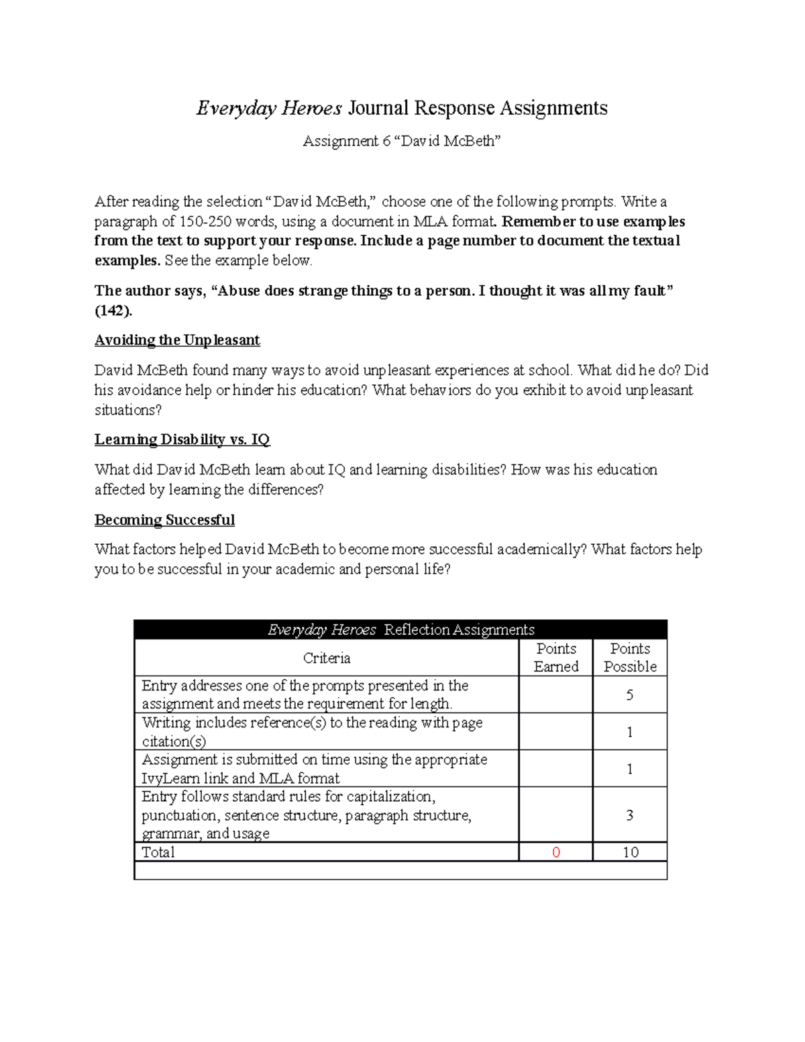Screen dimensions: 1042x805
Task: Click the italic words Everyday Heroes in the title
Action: pyautogui.click(x=269, y=108)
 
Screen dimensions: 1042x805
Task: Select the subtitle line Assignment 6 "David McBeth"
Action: pyautogui.click(x=402, y=141)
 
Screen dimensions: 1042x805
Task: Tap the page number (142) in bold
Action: pyautogui.click(x=113, y=311)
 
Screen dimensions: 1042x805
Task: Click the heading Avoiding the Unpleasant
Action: pyautogui.click(x=177, y=340)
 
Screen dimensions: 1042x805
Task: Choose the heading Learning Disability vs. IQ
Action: pyautogui.click(x=182, y=439)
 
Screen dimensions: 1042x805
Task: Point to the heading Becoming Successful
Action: pyautogui.click(x=164, y=520)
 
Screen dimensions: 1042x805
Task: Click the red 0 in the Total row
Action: pyautogui.click(x=555, y=852)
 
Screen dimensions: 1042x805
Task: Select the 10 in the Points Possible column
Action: pyautogui.click(x=630, y=852)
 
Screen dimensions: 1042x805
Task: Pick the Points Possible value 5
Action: pyautogui.click(x=629, y=694)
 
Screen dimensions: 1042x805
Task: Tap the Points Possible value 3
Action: pyautogui.click(x=629, y=815)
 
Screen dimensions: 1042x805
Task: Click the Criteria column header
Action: pyautogui.click(x=327, y=658)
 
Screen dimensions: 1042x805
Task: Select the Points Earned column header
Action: pyautogui.click(x=556, y=658)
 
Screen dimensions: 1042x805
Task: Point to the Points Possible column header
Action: pyautogui.click(x=630, y=658)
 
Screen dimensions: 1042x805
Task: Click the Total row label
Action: pyautogui.click(x=158, y=852)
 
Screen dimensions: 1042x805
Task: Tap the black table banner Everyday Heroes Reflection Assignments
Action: pyautogui.click(x=400, y=629)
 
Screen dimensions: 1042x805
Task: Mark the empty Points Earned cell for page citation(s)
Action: pyautogui.click(x=555, y=731)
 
